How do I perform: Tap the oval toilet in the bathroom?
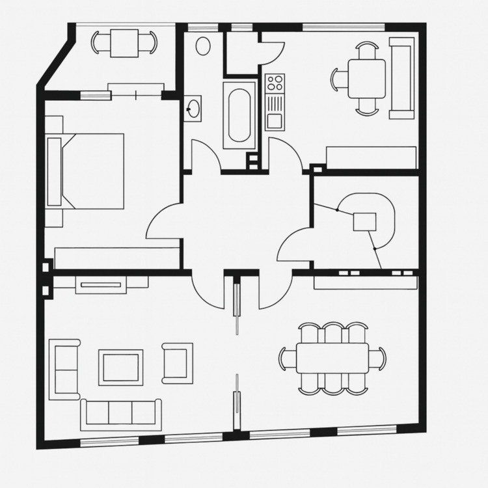point(204,46)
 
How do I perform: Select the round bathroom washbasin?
point(193,108)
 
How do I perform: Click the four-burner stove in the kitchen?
point(275,83)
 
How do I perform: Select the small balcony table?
point(124,43)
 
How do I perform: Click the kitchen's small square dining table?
point(366,79)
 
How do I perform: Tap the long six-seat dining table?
point(332,359)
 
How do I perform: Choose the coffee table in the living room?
point(120,367)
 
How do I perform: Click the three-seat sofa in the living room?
point(121,414)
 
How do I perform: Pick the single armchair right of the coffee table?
point(178,362)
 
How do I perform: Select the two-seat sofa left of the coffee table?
point(64,368)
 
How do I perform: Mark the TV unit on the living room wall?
point(100,284)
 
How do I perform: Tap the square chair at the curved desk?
point(365,222)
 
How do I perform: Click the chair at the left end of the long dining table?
point(287,359)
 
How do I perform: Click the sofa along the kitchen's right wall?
point(401,78)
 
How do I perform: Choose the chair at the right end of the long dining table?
point(378,359)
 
